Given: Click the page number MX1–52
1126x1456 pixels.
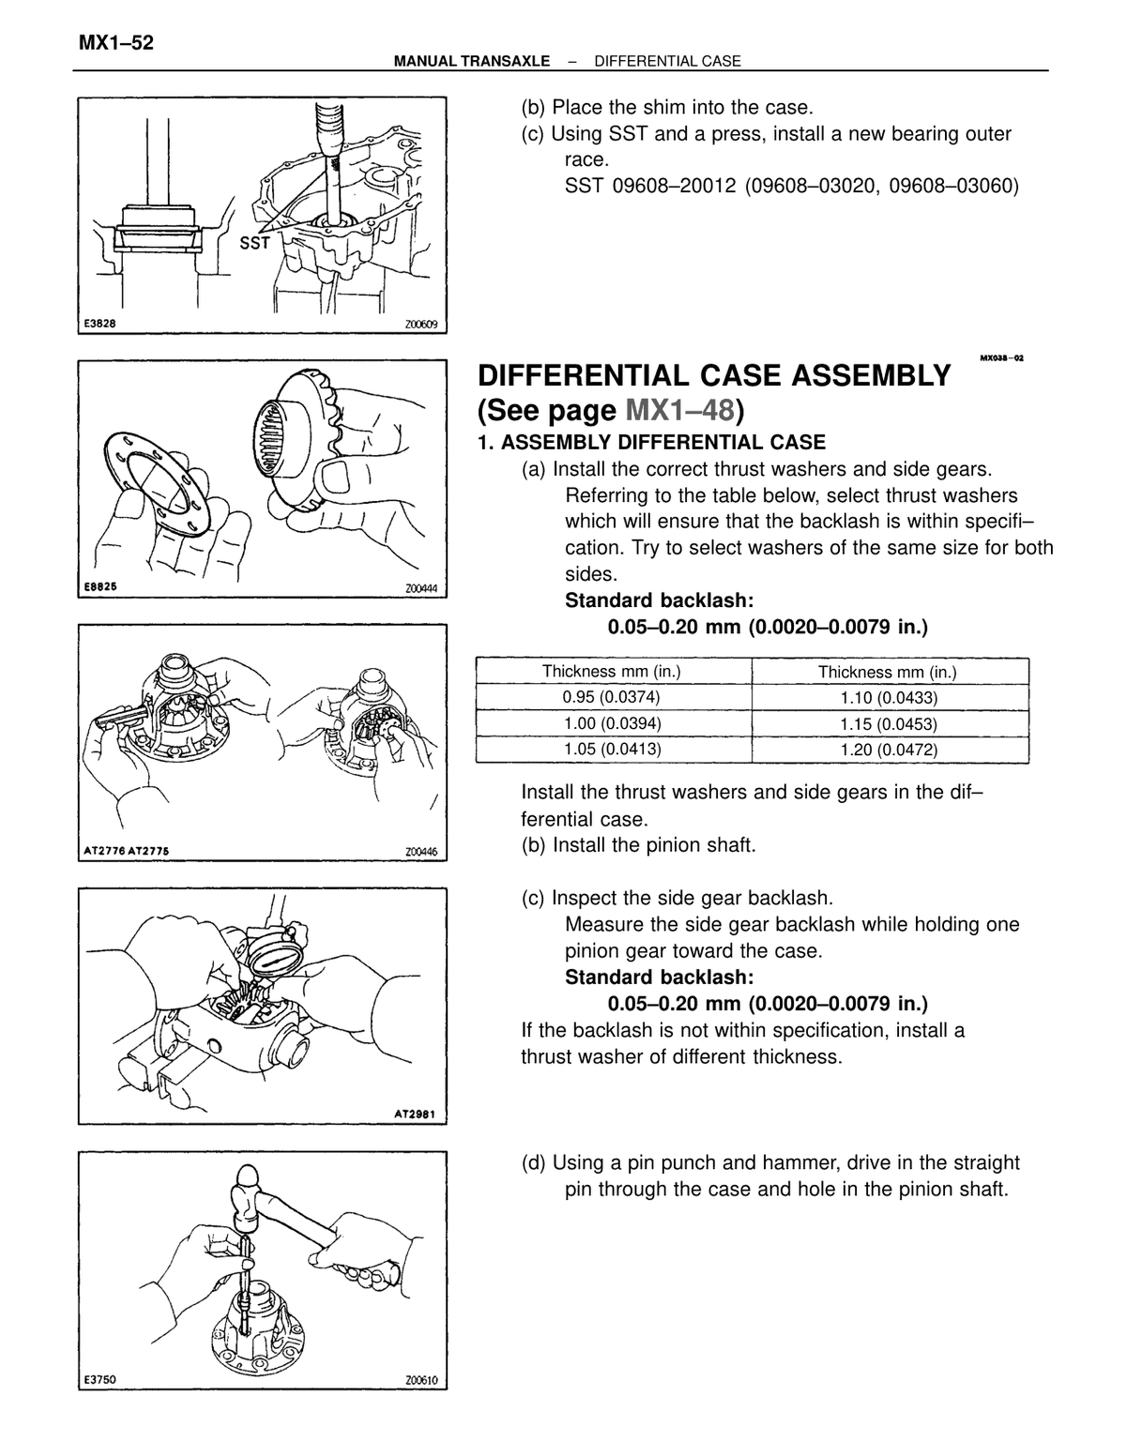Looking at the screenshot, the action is point(115,43).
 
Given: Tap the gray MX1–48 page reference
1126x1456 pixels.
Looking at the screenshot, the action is point(679,410).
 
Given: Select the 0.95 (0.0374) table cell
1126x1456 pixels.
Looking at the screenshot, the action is point(611,697).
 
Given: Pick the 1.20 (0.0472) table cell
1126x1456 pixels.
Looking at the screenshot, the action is point(889,750).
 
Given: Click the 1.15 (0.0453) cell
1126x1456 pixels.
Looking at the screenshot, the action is point(889,723).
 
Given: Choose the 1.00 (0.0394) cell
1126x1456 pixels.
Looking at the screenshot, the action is point(611,723).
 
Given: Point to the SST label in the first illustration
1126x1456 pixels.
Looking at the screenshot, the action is point(254,243).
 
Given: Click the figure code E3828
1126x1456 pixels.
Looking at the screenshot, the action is point(99,324).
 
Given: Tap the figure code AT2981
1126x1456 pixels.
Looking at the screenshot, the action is point(415,1115).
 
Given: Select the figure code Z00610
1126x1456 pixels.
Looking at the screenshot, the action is point(421,1380).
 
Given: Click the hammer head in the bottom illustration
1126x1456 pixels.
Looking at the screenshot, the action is point(244,1201).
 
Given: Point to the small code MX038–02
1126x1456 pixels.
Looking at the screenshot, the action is point(1001,357).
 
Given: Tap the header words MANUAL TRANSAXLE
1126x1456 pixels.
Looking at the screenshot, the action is point(472,61).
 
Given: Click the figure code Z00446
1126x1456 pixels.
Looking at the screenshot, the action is point(421,852).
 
